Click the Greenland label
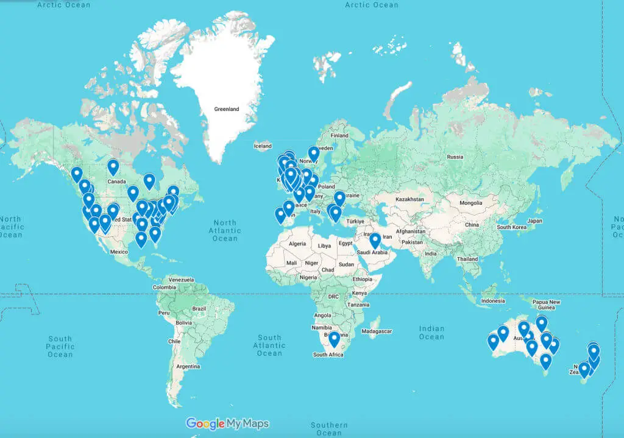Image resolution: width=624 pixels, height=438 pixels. [x=226, y=110]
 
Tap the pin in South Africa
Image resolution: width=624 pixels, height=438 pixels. [x=334, y=339]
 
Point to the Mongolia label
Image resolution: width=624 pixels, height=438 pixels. [x=470, y=203]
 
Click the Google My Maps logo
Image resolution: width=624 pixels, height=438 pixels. [x=227, y=423]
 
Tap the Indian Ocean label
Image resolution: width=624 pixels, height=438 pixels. [x=431, y=333]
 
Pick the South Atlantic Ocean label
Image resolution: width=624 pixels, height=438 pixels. [x=269, y=345]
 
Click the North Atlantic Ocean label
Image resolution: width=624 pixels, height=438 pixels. [x=225, y=230]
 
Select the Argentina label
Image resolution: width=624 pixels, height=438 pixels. [x=188, y=367]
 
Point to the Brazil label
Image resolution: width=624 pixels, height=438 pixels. [x=199, y=309]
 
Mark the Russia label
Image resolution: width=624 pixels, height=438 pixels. [x=455, y=157]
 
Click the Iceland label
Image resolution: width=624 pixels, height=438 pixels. [x=263, y=146]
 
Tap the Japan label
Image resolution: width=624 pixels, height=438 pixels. [x=534, y=221]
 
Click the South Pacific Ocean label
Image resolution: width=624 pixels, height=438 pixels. [x=60, y=347]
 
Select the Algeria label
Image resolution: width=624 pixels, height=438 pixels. [x=296, y=244]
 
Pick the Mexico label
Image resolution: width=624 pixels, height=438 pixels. [x=119, y=252]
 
